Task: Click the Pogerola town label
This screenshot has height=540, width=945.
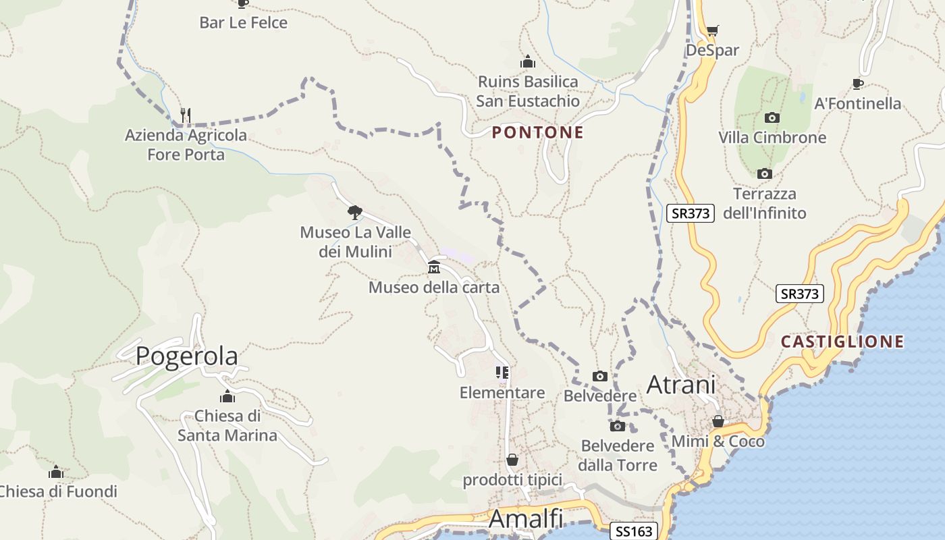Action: tap(186, 356)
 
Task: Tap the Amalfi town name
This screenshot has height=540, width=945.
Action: tap(525, 518)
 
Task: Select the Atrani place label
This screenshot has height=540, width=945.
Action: tap(680, 384)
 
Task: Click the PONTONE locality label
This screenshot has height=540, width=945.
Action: tap(537, 132)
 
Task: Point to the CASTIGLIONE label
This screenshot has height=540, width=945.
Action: tap(842, 342)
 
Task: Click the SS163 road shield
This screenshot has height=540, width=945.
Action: tap(634, 531)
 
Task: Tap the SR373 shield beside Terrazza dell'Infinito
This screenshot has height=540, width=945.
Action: tap(691, 213)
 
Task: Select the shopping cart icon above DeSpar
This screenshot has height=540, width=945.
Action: tap(712, 30)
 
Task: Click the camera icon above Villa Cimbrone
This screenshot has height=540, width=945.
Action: tap(772, 117)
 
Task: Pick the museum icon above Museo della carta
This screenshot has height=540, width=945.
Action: tap(434, 268)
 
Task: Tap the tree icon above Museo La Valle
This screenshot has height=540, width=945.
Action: tap(355, 213)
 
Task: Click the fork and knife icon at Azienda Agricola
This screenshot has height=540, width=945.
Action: tap(186, 115)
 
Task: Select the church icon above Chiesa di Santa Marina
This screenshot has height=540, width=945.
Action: tap(227, 396)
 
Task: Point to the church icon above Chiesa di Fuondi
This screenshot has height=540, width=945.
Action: tap(56, 471)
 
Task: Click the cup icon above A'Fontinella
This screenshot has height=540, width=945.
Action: tap(857, 84)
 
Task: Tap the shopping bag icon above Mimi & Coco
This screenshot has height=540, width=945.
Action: tap(718, 421)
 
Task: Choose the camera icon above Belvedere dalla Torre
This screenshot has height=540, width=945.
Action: tap(617, 426)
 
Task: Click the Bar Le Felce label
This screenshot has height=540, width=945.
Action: tap(243, 23)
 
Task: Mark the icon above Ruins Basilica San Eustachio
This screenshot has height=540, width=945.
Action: tap(528, 62)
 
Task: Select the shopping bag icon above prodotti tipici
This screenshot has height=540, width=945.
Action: tap(512, 460)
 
